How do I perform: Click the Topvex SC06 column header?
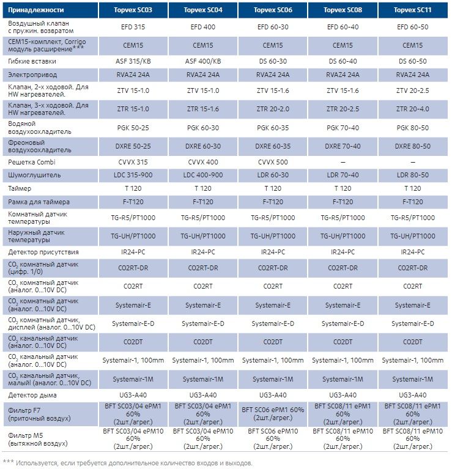coord(272,10)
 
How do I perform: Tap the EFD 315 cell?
coord(132,28)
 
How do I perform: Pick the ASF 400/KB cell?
coord(202,61)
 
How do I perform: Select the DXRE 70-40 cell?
coord(343,146)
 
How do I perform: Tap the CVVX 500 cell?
coord(272,162)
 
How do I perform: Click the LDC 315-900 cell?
coord(132,175)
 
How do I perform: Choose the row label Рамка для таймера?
coord(39,202)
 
